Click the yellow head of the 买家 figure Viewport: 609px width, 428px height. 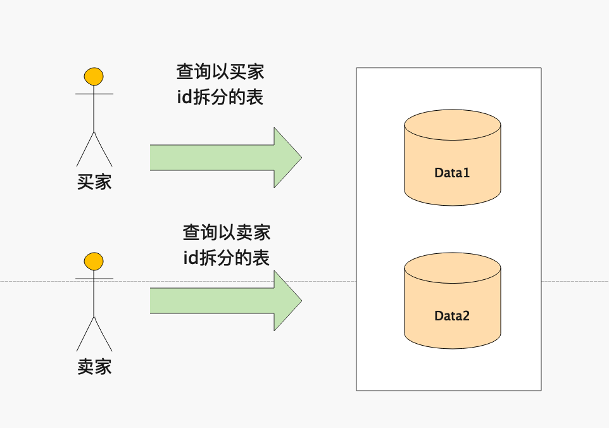[94, 76]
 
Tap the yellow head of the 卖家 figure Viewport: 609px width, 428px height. [94, 261]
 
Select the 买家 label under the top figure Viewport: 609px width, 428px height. [94, 182]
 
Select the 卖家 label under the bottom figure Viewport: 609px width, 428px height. [94, 367]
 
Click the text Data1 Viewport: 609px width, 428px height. [452, 172]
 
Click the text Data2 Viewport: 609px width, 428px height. [452, 315]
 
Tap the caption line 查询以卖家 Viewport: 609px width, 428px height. [227, 232]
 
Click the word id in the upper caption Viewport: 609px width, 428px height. [184, 98]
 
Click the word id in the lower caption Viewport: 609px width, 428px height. [191, 258]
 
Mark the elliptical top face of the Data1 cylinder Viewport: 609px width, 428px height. [452, 123]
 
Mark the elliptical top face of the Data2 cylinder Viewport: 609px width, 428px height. [452, 267]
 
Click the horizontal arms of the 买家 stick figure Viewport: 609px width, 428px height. [94, 94]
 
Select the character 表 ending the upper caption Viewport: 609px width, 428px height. [254, 98]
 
